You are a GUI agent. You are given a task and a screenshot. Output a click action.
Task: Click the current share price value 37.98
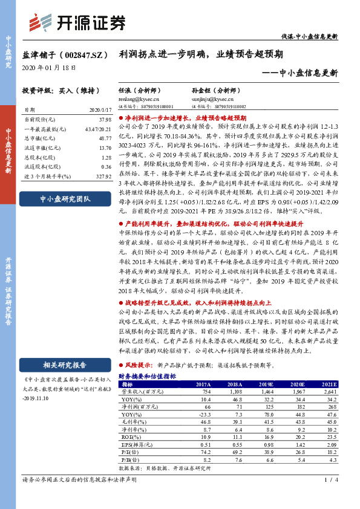tap(104, 119)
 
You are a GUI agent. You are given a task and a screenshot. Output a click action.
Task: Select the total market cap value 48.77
tap(104, 138)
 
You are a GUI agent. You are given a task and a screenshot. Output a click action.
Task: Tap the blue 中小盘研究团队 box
tap(65, 198)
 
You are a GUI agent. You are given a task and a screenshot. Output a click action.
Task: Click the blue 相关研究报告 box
tap(65, 364)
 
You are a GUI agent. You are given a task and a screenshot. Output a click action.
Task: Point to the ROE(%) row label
tap(130, 436)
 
